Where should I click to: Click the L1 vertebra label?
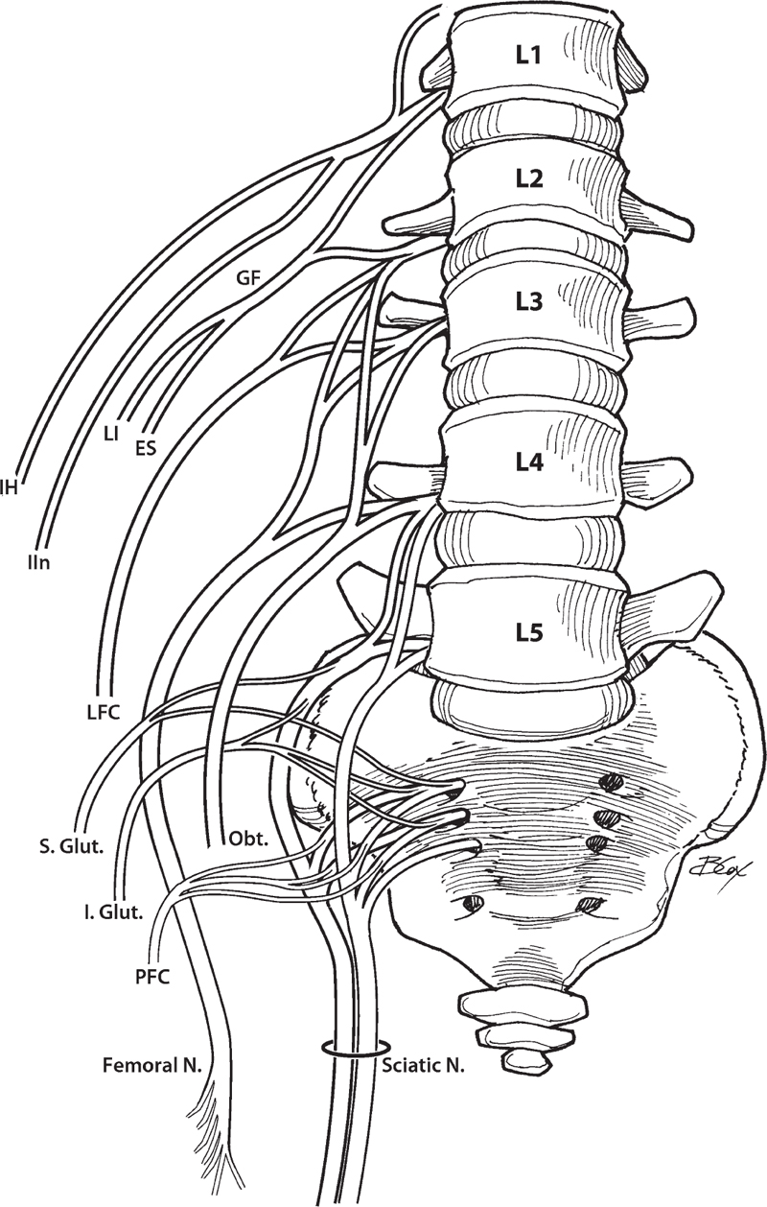coord(529,57)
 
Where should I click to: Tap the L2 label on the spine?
coord(529,178)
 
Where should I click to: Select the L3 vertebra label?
coord(529,303)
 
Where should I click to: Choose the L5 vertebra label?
coord(529,632)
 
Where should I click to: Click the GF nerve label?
coord(248,279)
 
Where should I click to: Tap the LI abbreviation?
coord(112,434)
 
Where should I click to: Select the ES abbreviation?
coord(147,446)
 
